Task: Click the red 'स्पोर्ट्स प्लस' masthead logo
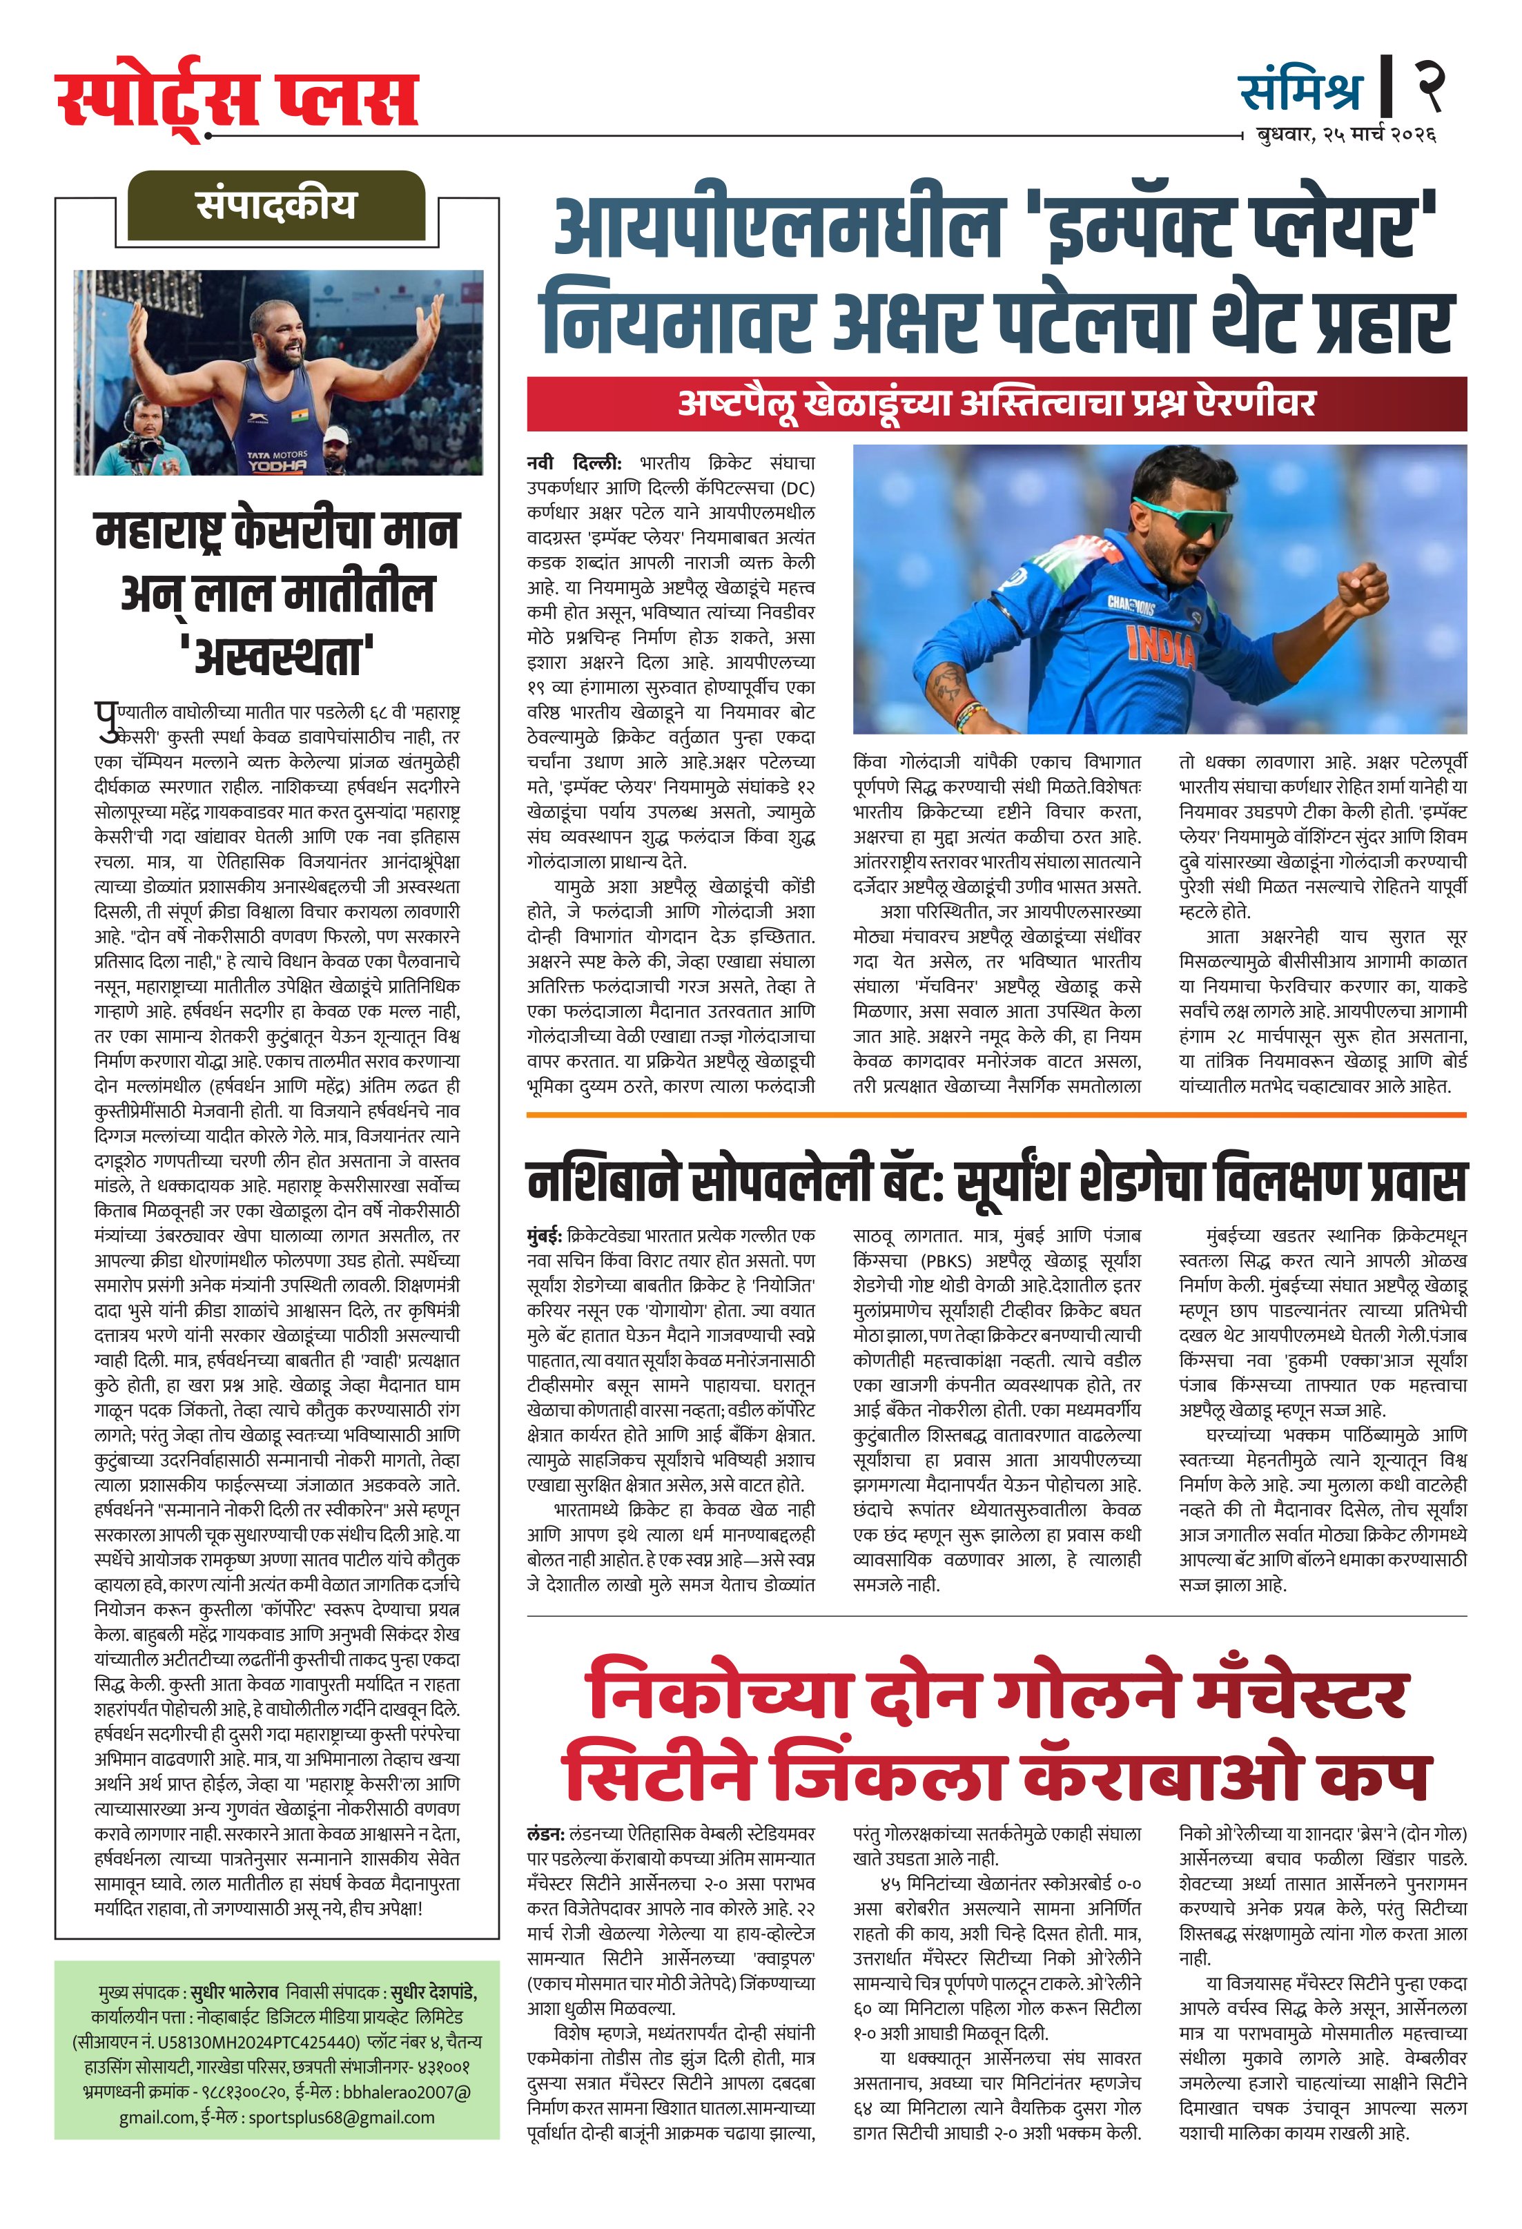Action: pos(237,99)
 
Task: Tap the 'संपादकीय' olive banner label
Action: pos(276,205)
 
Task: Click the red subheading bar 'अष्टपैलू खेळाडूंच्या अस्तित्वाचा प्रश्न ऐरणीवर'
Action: pos(997,404)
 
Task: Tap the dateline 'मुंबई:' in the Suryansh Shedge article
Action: pos(545,1236)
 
